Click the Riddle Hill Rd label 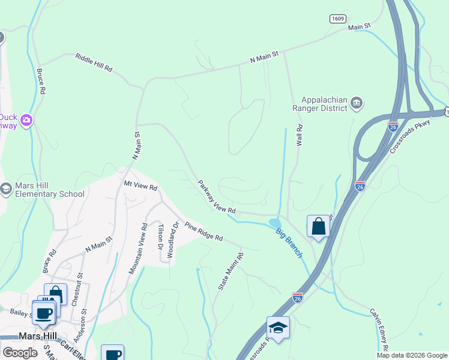point(94,62)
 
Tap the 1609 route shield point(338,19)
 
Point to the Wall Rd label point(298,137)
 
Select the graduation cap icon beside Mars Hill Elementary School point(5,189)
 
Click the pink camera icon point(25,121)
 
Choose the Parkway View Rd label point(217,197)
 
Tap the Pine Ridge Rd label point(204,232)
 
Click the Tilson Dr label point(160,237)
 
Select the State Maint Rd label point(231,272)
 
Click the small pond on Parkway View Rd point(274,223)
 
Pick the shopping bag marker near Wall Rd point(318,227)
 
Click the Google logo point(20,353)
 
